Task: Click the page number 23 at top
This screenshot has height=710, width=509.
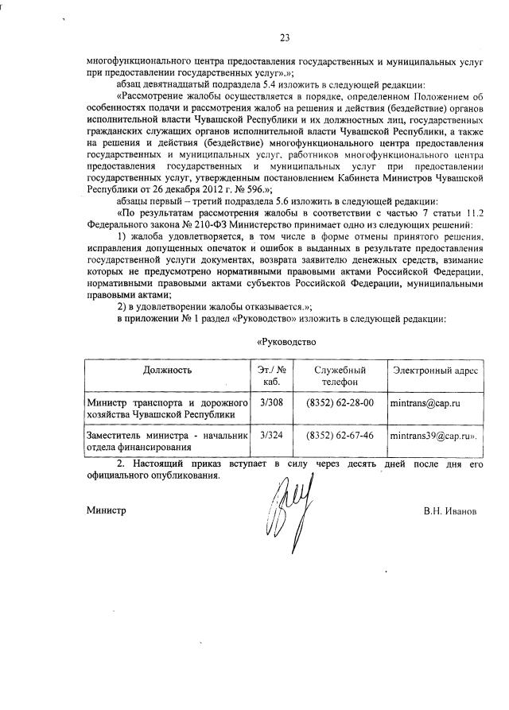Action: [x=285, y=37]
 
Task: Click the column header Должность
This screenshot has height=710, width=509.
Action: [x=168, y=371]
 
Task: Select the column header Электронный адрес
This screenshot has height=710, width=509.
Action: [x=435, y=371]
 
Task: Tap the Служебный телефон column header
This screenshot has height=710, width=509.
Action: [x=340, y=377]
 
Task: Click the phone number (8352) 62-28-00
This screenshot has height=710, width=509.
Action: [x=340, y=403]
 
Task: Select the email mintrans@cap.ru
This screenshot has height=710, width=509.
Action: [x=425, y=404]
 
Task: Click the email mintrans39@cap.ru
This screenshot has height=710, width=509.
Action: [x=432, y=436]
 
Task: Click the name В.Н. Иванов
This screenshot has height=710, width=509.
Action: [x=449, y=511]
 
